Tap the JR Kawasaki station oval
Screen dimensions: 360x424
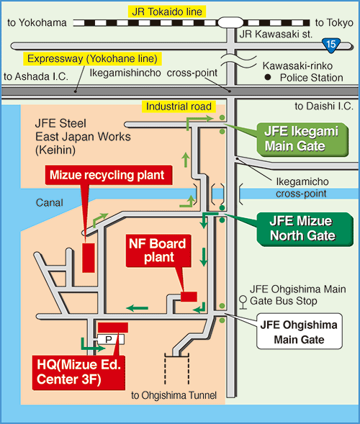point(230,22)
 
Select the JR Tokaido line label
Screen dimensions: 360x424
point(167,12)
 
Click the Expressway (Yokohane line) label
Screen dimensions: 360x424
point(92,59)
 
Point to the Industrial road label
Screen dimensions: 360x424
point(179,107)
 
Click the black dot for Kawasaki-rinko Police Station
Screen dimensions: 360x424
point(268,77)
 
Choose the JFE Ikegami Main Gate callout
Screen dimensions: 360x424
point(302,139)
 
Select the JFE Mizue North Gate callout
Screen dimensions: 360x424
point(304,229)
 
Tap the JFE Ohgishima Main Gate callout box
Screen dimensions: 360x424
point(299,332)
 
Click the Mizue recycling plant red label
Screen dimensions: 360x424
point(108,175)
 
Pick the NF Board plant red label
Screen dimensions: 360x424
point(158,251)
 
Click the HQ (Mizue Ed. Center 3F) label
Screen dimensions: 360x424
point(78,372)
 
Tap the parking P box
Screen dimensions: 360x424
point(111,339)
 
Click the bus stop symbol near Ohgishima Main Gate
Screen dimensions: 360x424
point(243,302)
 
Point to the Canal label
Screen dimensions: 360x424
point(50,203)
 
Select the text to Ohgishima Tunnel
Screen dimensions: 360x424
point(174,395)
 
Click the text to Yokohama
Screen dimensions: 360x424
point(37,23)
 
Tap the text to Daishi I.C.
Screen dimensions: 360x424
point(324,106)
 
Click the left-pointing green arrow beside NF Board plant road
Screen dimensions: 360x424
point(137,308)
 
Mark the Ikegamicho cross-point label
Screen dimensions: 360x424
point(302,187)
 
